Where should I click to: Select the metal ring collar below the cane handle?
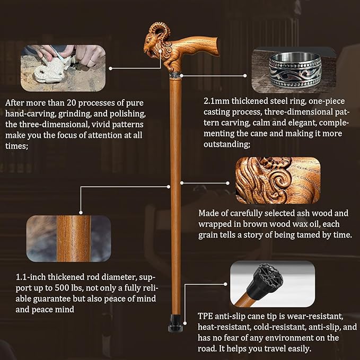tap(175, 75)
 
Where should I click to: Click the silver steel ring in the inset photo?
tap(295, 70)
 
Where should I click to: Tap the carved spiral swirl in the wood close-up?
tap(279, 181)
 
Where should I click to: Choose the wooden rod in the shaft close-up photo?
tap(74, 239)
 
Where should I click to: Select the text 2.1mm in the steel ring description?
tap(216, 101)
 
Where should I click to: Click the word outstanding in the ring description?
tap(226, 144)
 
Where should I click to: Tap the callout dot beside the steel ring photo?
tap(245, 75)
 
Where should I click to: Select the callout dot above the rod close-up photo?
tap(81, 213)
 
